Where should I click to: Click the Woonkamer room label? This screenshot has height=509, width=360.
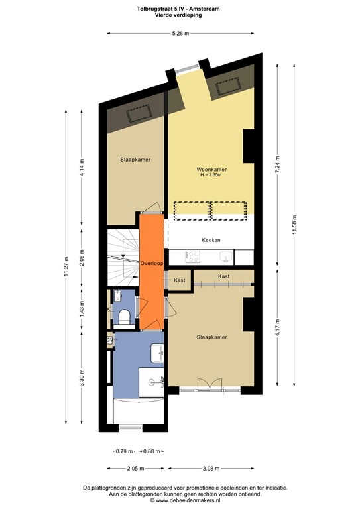click(212, 170)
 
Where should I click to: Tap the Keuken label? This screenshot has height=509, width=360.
click(211, 240)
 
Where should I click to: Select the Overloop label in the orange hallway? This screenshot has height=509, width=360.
click(152, 264)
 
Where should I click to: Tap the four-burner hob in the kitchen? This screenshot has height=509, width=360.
click(194, 256)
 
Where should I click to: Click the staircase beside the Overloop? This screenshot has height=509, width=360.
click(121, 254)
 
